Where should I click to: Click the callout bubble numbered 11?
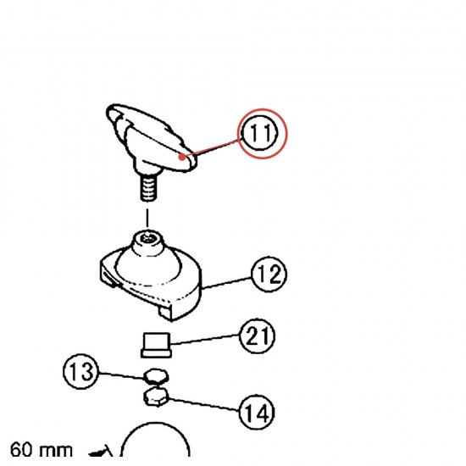point(261,133)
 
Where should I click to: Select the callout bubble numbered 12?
point(269,274)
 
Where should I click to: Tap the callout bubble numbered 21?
point(257,336)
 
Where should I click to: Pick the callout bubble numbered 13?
point(80,371)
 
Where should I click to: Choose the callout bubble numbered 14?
point(257,412)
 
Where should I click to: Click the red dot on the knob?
point(182,157)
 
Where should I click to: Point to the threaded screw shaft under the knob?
point(148,188)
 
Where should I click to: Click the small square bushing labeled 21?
point(157,345)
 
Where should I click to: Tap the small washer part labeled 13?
point(156,376)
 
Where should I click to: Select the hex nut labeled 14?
point(156,397)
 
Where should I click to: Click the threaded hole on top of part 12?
point(147,238)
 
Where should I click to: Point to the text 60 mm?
point(42,450)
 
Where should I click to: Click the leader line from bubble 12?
point(226,283)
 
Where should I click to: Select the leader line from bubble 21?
point(205,340)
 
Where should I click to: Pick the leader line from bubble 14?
point(203,405)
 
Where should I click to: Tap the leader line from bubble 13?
point(121,375)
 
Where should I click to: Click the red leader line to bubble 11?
point(212,147)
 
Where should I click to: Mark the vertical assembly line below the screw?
point(147,219)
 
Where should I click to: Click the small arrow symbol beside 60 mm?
point(101,451)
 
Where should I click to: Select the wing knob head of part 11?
point(151,137)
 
